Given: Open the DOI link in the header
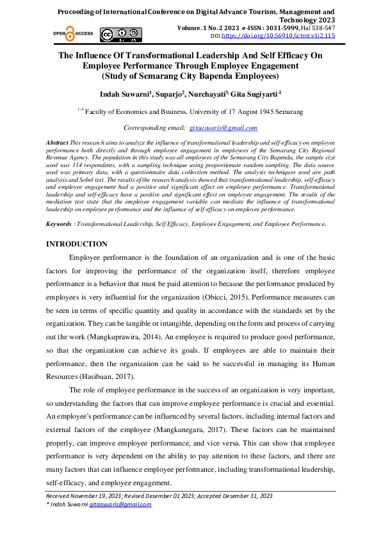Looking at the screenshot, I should pos(286,36).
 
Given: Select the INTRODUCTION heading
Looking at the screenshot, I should pos(77,244).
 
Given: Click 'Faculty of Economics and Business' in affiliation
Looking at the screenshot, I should pos(138,111).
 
